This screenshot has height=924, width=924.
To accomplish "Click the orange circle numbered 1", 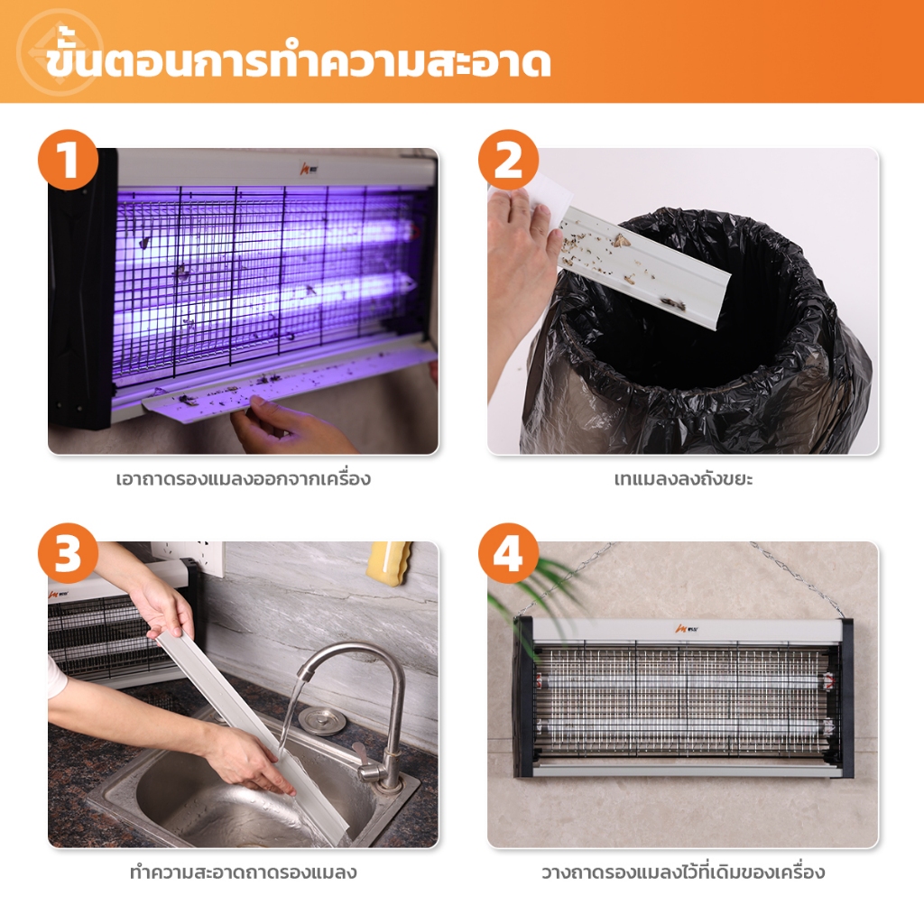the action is point(68,160).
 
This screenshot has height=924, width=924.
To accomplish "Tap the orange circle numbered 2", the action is point(508,160).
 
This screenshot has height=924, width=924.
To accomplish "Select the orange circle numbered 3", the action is point(68,553).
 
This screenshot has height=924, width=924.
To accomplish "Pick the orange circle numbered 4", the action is point(508,553).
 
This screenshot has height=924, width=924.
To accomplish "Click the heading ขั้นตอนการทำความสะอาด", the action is point(298,61).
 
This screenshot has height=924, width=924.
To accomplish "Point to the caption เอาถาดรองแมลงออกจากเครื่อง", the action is point(244,478).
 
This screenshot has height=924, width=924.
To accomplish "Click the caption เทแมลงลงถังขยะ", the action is point(683,478).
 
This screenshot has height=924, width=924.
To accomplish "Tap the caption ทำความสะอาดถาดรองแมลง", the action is point(244,872).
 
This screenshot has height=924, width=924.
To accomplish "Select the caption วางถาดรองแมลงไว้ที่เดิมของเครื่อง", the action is point(683,872).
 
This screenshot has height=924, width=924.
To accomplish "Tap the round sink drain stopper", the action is point(321,720).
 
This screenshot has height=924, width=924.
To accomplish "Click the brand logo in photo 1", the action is point(309,168).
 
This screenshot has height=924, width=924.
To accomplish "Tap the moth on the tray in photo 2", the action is point(621,240).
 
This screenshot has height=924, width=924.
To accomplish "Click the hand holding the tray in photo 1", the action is point(289,424).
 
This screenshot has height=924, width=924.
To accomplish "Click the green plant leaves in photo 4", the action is point(531,596).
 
